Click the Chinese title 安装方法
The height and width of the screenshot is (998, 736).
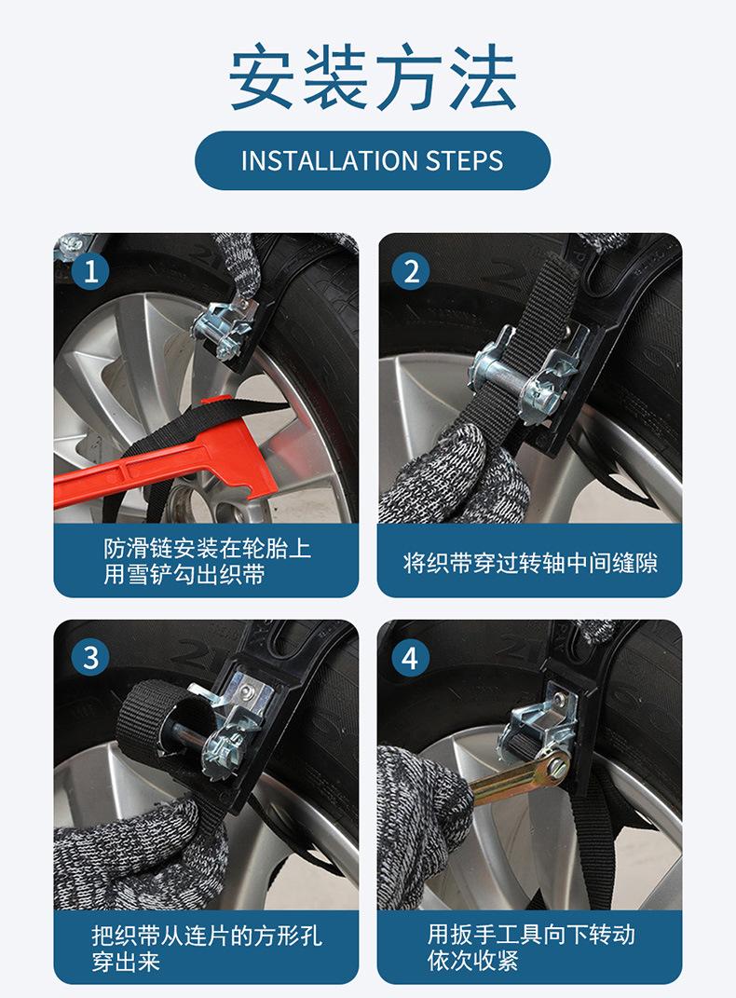(x=372, y=77)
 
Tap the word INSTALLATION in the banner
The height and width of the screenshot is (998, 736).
(x=329, y=160)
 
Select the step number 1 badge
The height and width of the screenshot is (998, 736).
(x=90, y=271)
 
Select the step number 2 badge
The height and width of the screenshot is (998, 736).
(x=411, y=271)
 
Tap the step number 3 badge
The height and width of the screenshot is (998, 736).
(x=90, y=658)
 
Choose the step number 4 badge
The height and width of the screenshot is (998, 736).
(x=411, y=658)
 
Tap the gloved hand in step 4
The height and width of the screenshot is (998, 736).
(x=423, y=827)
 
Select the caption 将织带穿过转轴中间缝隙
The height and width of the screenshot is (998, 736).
(x=530, y=563)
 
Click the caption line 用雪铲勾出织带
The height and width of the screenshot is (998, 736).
(x=184, y=575)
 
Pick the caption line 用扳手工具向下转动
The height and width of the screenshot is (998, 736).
(x=530, y=935)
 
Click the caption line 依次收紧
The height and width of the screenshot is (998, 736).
(x=472, y=961)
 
